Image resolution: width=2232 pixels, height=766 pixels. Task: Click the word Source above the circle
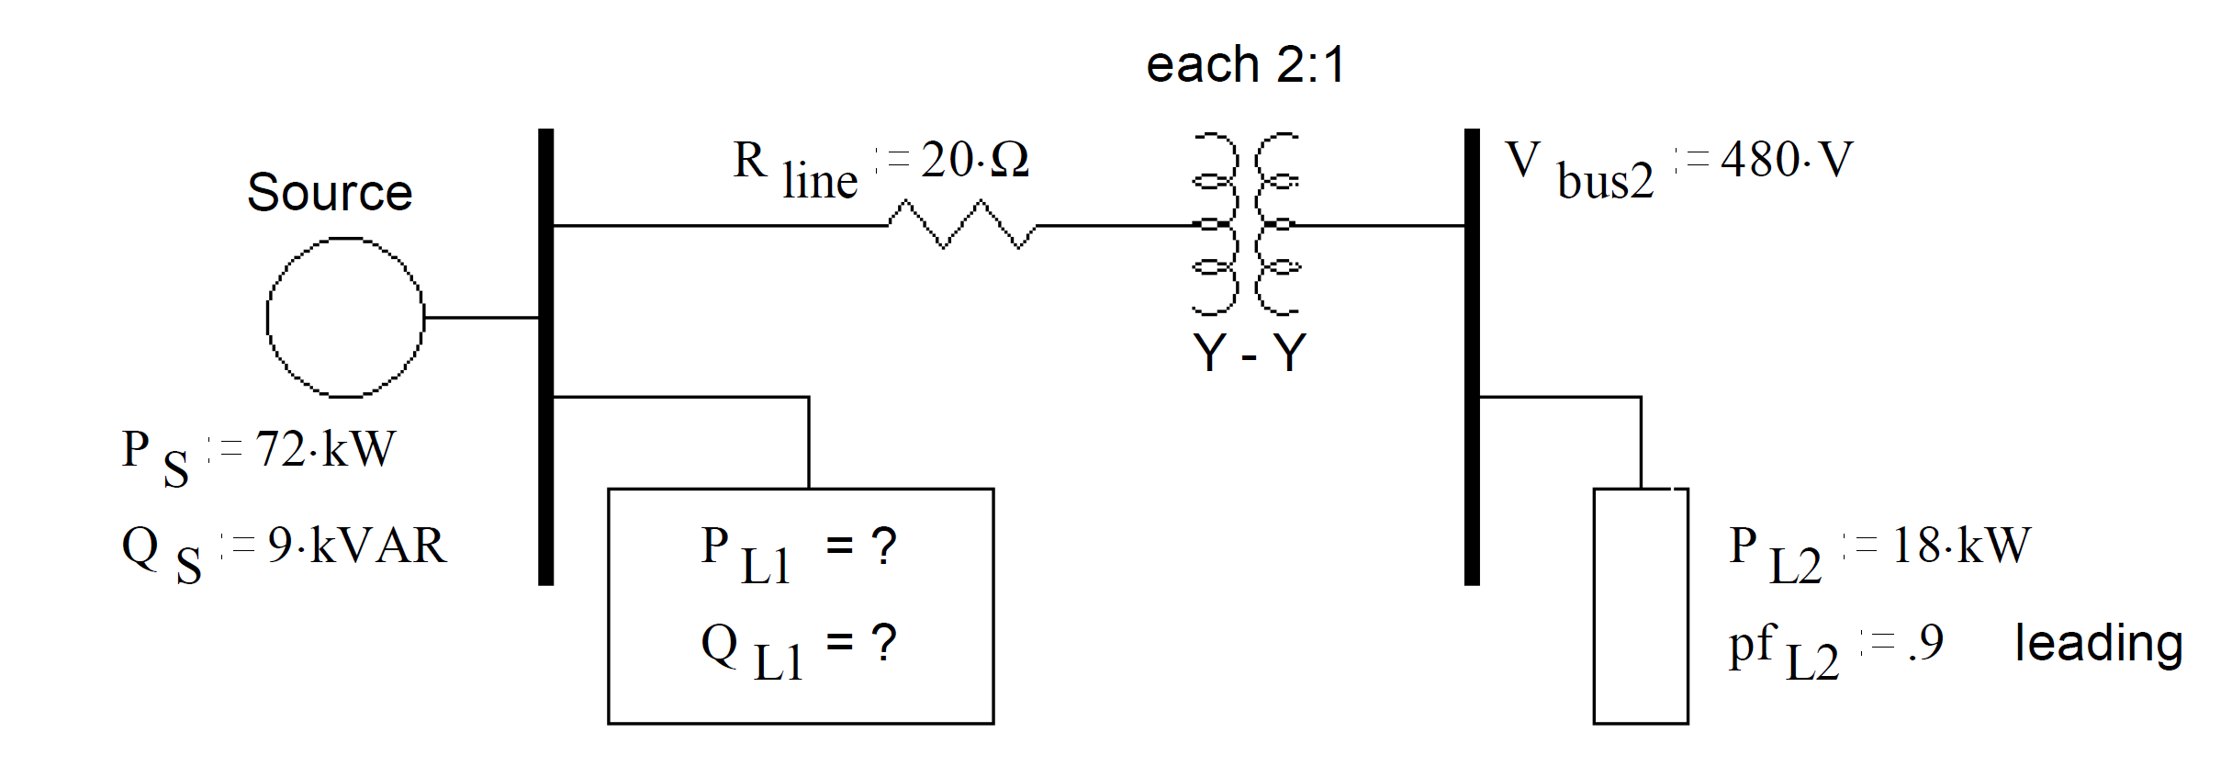click(330, 193)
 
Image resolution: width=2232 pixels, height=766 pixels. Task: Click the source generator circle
click(345, 318)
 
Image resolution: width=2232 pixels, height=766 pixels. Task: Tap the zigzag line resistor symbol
click(961, 225)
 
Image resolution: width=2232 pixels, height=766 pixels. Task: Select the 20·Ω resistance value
click(974, 160)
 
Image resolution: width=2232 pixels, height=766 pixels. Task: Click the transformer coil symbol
click(1245, 224)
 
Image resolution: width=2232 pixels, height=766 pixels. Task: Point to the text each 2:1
click(1245, 65)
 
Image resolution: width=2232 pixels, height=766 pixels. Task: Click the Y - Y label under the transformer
click(1249, 353)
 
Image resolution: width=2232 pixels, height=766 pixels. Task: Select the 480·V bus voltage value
click(1786, 160)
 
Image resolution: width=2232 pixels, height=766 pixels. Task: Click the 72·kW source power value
click(325, 449)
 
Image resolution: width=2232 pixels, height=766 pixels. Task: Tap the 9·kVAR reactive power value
click(356, 546)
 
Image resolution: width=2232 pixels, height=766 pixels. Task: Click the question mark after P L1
click(883, 546)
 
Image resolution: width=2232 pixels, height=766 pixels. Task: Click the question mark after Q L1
click(883, 642)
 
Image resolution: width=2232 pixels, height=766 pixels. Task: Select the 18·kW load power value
click(1961, 546)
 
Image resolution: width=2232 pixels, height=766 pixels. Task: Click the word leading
click(2098, 643)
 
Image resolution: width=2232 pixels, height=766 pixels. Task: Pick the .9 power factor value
click(1925, 642)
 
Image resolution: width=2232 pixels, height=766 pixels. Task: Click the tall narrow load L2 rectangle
click(1640, 606)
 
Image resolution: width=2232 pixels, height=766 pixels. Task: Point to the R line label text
click(794, 170)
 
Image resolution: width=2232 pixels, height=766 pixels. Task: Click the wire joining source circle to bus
click(481, 318)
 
